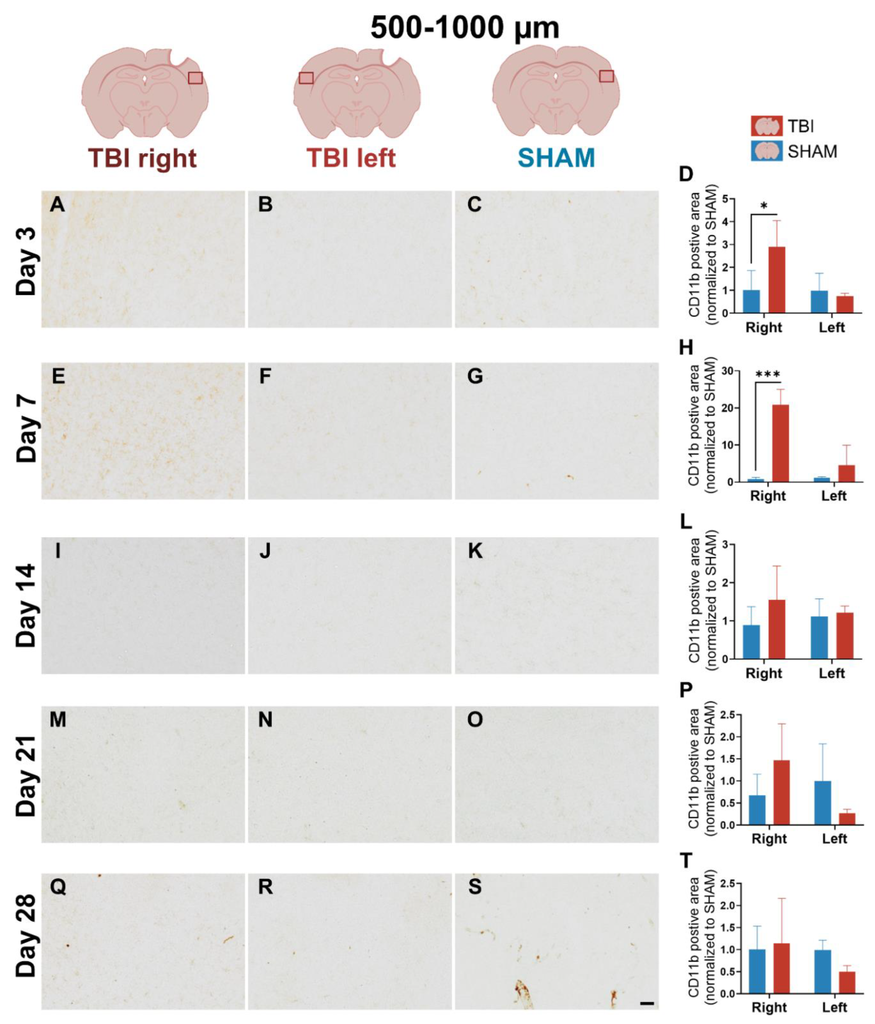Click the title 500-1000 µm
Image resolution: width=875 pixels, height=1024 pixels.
point(465,28)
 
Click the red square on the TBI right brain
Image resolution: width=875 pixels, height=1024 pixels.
point(195,78)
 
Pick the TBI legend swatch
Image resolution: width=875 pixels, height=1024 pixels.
point(766,126)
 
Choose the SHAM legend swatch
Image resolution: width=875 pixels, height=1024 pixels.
point(766,151)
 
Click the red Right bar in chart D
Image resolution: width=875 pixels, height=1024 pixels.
point(777,280)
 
